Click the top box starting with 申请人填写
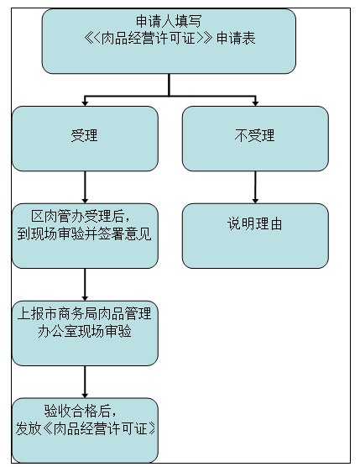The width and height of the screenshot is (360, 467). point(169,41)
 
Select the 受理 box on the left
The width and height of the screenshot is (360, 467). point(85,139)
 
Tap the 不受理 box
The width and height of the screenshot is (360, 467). point(255,139)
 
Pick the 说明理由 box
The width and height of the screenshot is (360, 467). point(255,236)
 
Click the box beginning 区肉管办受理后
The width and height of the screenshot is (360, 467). point(85,236)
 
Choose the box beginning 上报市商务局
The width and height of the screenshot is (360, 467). point(85,333)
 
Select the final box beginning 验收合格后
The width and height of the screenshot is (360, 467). point(85,430)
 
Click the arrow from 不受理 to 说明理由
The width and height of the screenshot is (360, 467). point(255,187)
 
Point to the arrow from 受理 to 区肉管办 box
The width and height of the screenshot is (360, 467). point(85,187)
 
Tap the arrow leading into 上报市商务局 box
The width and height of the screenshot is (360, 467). point(85,285)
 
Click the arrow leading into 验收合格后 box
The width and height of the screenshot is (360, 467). point(85,382)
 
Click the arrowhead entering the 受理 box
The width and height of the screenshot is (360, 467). point(85,103)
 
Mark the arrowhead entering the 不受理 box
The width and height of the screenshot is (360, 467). point(255,103)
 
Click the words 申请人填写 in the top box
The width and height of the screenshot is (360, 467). point(169,21)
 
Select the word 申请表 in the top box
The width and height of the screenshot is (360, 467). point(236,39)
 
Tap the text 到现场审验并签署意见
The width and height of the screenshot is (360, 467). point(85,233)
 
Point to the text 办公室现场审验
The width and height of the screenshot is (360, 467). point(85,331)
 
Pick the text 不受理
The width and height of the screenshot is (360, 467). point(254,135)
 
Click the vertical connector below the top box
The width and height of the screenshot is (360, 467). point(169,85)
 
